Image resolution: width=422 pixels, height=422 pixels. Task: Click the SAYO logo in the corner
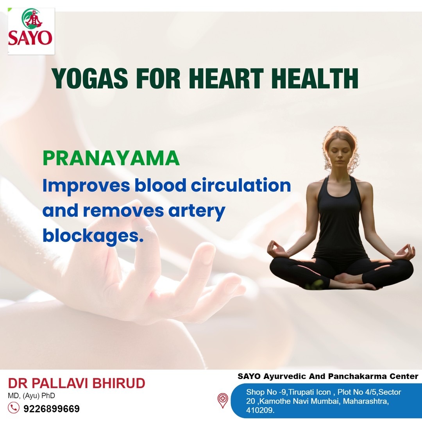click(x=31, y=31)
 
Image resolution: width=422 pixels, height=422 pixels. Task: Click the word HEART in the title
click(x=226, y=78)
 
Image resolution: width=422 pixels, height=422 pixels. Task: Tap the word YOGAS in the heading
click(x=89, y=78)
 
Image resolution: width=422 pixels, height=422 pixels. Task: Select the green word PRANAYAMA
click(x=111, y=158)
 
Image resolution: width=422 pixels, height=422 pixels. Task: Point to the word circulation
click(x=241, y=185)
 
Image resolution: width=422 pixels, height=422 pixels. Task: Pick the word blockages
click(x=93, y=236)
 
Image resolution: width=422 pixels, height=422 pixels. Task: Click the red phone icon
click(x=13, y=408)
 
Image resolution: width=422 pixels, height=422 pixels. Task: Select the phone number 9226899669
click(x=52, y=409)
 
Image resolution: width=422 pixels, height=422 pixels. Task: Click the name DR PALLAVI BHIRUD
click(x=77, y=383)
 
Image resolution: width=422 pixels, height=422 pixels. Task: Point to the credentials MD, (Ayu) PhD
click(x=32, y=395)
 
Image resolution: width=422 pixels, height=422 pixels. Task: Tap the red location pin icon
click(x=223, y=400)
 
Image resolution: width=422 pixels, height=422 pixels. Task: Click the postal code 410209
click(x=260, y=410)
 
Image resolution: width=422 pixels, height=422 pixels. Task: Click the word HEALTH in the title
click(x=315, y=78)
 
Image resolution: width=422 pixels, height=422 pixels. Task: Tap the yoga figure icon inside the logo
click(x=32, y=19)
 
